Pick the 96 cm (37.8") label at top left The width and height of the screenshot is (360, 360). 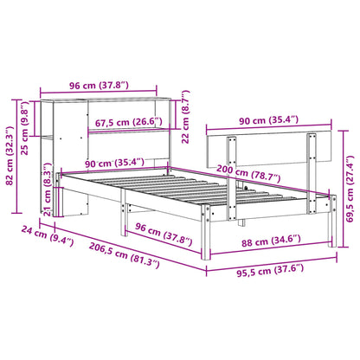[x=99, y=86]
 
